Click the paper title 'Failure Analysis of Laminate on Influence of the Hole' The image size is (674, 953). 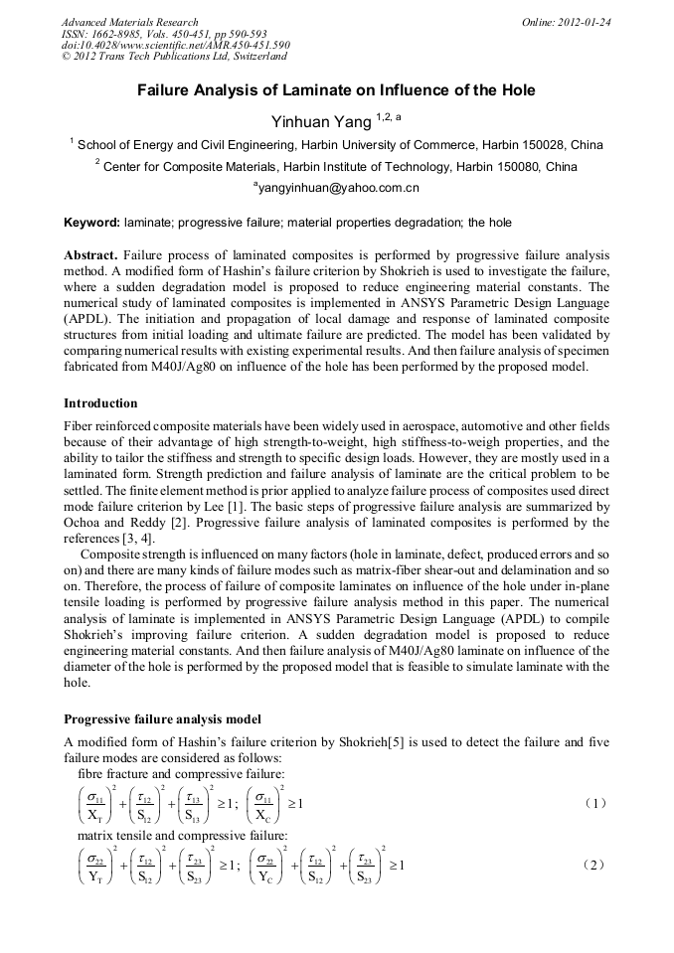coord(336,90)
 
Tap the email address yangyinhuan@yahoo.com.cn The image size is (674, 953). coord(338,187)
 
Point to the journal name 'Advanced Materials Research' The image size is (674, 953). coord(129,22)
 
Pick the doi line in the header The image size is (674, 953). coord(175,46)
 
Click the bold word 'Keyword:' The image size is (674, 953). coord(92,223)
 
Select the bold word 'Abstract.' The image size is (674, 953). coord(92,254)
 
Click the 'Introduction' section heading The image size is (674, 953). coord(100,403)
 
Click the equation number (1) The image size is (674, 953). coord(594,802)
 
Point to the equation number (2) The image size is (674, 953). coord(594,865)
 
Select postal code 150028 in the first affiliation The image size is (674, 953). coord(539,144)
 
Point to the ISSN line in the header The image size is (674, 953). coord(164,34)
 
